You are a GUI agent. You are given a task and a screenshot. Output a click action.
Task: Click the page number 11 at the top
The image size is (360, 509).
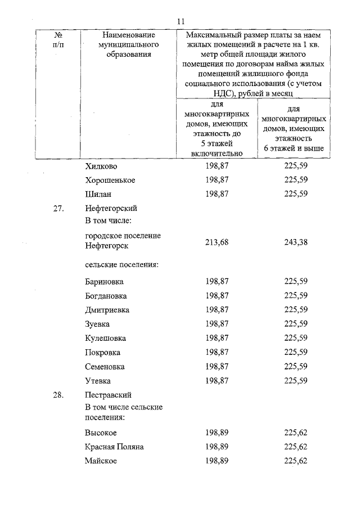click(181, 21)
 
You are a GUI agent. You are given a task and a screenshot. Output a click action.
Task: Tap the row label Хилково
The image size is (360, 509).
click(102, 166)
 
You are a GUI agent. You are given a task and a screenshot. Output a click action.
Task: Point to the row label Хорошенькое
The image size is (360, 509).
click(110, 181)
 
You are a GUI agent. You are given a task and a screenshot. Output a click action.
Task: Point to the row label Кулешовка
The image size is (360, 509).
click(106, 338)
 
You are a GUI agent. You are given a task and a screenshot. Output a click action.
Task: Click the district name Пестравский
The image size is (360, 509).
click(108, 395)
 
